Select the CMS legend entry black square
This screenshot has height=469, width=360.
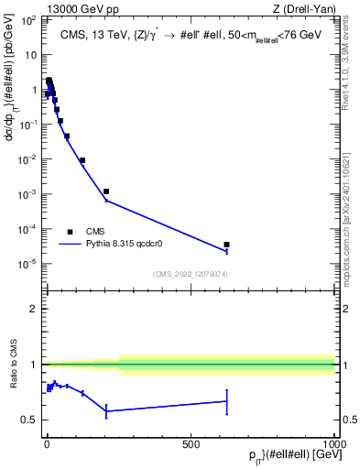click(70, 232)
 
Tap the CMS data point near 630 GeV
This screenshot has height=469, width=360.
click(226, 245)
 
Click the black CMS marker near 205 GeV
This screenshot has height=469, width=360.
click(106, 191)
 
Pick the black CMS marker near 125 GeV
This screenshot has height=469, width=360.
click(82, 160)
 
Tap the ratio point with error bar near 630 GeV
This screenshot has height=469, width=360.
click(226, 400)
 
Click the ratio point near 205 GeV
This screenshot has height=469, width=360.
click(106, 411)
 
